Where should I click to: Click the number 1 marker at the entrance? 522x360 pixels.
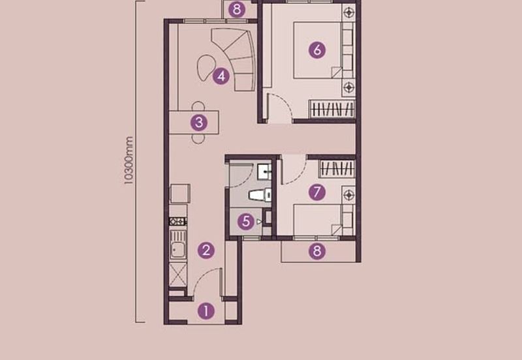click(206, 311)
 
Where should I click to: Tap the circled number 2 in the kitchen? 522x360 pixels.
click(206, 250)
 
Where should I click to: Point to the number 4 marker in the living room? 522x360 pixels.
click(221, 76)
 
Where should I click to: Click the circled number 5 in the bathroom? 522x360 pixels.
click(246, 221)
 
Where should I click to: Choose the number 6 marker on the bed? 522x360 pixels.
click(317, 50)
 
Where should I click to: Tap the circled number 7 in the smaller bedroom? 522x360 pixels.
click(317, 192)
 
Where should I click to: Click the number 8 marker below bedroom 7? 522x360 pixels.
click(317, 251)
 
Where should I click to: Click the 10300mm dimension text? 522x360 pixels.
click(129, 160)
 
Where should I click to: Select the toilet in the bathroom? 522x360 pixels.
click(260, 194)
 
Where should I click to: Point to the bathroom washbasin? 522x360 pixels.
click(264, 172)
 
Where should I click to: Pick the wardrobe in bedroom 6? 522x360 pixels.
click(332, 109)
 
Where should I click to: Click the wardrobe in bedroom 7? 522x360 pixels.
click(337, 169)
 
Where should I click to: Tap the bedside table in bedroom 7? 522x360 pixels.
click(349, 194)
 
